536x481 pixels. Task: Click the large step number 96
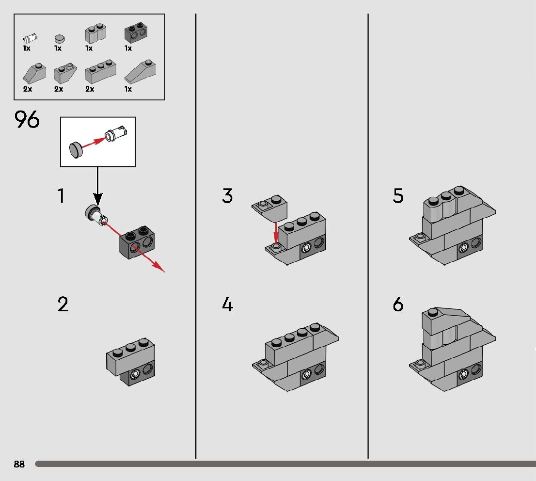click(27, 120)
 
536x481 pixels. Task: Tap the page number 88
click(19, 464)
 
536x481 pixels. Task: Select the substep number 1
click(61, 196)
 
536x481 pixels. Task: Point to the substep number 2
click(63, 305)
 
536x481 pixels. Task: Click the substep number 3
click(227, 196)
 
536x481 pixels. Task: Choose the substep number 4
click(227, 305)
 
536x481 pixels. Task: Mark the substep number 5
click(398, 196)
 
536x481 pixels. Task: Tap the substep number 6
click(398, 305)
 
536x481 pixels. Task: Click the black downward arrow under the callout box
click(97, 187)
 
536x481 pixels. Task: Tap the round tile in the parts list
click(59, 37)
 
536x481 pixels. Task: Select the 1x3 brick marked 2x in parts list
click(100, 72)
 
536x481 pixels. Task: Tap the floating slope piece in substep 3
click(270, 206)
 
